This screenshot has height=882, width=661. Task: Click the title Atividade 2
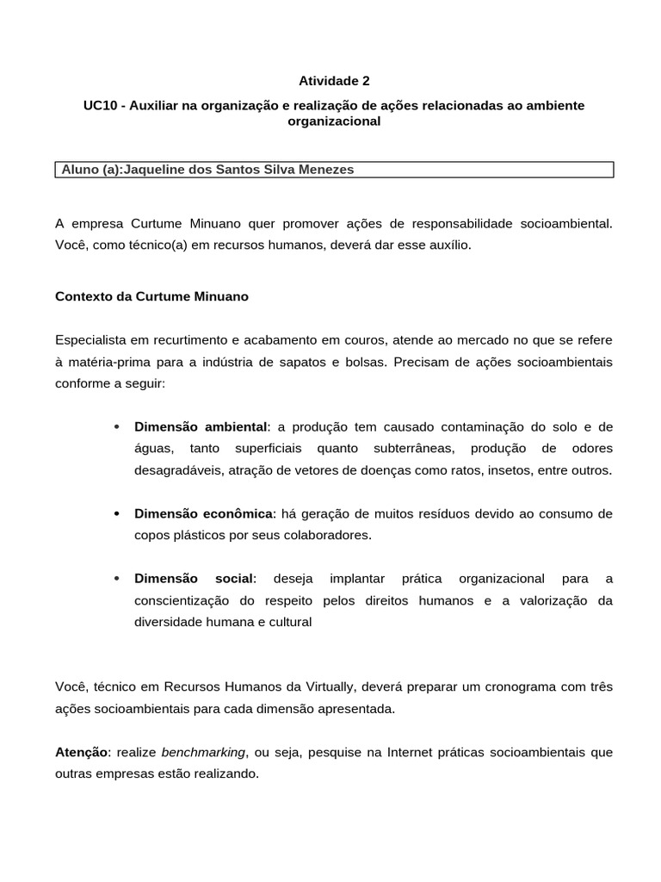pos(334,81)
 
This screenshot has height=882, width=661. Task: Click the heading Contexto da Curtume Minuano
pos(151,296)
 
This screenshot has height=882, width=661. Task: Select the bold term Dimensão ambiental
pos(201,427)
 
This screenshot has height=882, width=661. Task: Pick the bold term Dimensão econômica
pos(203,514)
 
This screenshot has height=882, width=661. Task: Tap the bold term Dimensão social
pos(194,578)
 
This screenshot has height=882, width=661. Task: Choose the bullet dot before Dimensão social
pos(115,579)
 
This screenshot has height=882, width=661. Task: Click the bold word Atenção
pos(82,752)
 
